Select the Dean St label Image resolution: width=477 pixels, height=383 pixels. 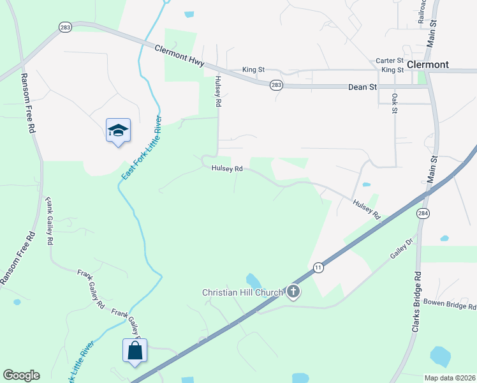coord(363,87)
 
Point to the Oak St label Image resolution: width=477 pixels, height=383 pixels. coord(395,103)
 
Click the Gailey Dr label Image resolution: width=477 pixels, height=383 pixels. coord(402,249)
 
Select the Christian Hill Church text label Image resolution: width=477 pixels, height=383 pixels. coord(242,293)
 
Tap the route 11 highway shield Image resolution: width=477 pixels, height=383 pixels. coord(318,268)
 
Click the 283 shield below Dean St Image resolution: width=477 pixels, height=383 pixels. coord(276,84)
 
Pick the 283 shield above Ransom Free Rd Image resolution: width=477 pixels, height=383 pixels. coord(64,27)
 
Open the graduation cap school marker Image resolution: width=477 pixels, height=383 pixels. coord(118,131)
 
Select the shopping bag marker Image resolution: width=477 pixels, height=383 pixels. coord(135,351)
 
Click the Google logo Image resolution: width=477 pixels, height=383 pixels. coord(21,375)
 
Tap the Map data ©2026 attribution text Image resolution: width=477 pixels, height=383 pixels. coord(450,378)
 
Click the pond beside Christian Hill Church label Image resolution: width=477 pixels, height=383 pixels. coord(253,281)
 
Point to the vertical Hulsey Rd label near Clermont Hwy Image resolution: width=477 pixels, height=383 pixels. coord(217,91)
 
